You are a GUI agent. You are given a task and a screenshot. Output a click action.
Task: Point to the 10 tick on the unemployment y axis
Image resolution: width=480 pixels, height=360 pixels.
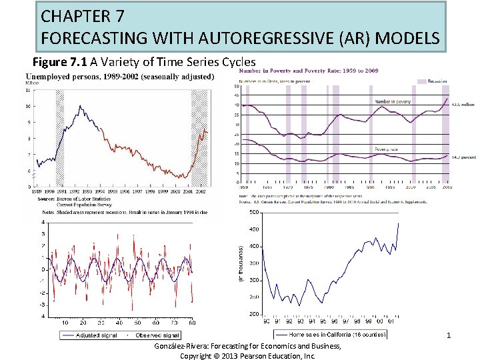coord(27,106)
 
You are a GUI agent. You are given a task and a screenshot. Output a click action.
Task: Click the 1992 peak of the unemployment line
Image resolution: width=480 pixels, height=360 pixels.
coord(80,106)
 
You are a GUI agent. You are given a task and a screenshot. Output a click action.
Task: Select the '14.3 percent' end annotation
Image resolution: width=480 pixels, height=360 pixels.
coord(464,157)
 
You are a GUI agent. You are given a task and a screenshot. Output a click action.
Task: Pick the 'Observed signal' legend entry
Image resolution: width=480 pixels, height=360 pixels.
coord(156,335)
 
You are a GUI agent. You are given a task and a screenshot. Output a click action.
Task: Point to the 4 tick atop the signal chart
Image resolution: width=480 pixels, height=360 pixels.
coord(43,222)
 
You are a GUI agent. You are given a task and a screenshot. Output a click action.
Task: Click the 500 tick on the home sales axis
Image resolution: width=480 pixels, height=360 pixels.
coord(253,213)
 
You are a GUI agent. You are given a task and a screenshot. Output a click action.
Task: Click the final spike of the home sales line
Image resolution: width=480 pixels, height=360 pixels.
coord(399,223)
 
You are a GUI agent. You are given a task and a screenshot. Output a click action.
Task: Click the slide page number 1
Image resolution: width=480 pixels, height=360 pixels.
coord(449,335)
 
